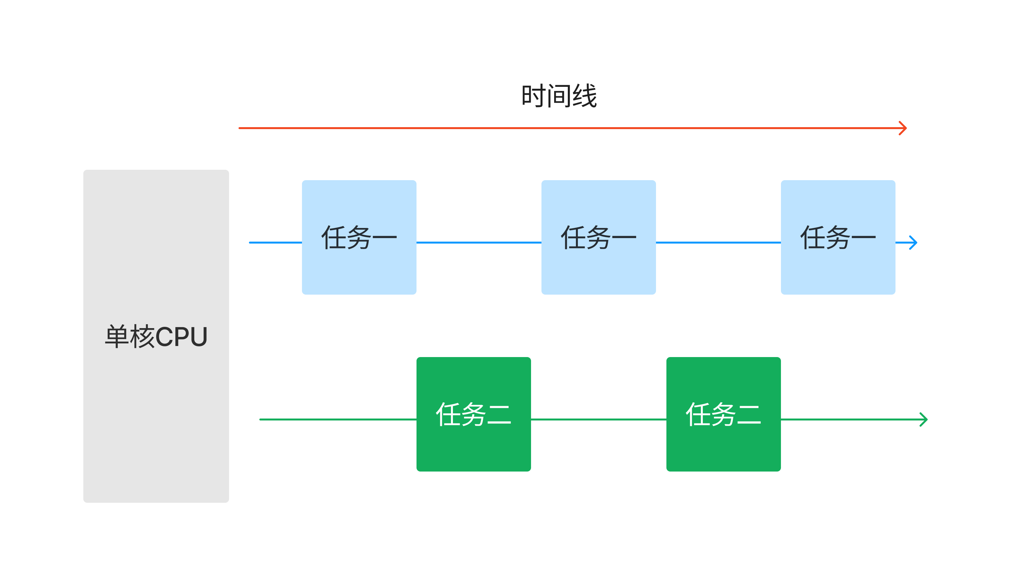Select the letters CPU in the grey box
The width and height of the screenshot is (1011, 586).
point(181,337)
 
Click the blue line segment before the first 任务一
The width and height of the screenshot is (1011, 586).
point(276,243)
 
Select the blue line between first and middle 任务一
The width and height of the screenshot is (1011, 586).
point(479,243)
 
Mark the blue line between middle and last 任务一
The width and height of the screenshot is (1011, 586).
point(718,243)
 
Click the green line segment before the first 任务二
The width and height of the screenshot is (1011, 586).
point(338,419)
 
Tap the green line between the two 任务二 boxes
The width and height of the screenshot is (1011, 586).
point(599,419)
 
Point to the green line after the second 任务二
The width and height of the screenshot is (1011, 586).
point(851,419)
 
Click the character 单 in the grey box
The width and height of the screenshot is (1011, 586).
point(117,337)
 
